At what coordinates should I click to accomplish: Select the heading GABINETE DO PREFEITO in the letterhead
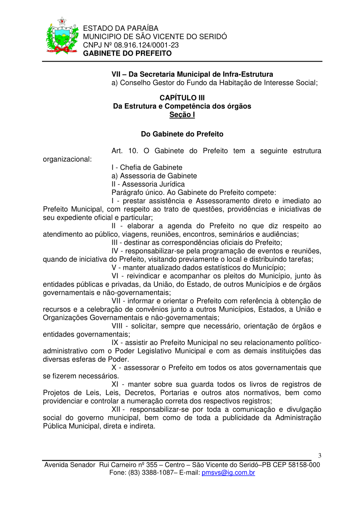click(127, 54)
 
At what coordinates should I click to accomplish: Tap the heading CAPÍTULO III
click(182, 98)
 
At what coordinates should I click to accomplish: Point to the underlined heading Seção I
click(182, 115)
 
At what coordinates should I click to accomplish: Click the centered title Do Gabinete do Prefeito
click(182, 134)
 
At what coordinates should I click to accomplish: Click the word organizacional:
click(67, 159)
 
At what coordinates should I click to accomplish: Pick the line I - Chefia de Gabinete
click(147, 168)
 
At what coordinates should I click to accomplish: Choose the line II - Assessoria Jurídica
click(148, 184)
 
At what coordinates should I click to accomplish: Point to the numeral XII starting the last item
click(117, 409)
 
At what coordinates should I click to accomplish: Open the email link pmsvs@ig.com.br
click(228, 473)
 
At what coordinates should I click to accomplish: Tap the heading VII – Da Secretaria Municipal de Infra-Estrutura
click(192, 74)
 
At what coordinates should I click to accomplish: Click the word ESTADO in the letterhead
click(96, 28)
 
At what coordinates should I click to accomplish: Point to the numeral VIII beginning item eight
click(118, 326)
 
